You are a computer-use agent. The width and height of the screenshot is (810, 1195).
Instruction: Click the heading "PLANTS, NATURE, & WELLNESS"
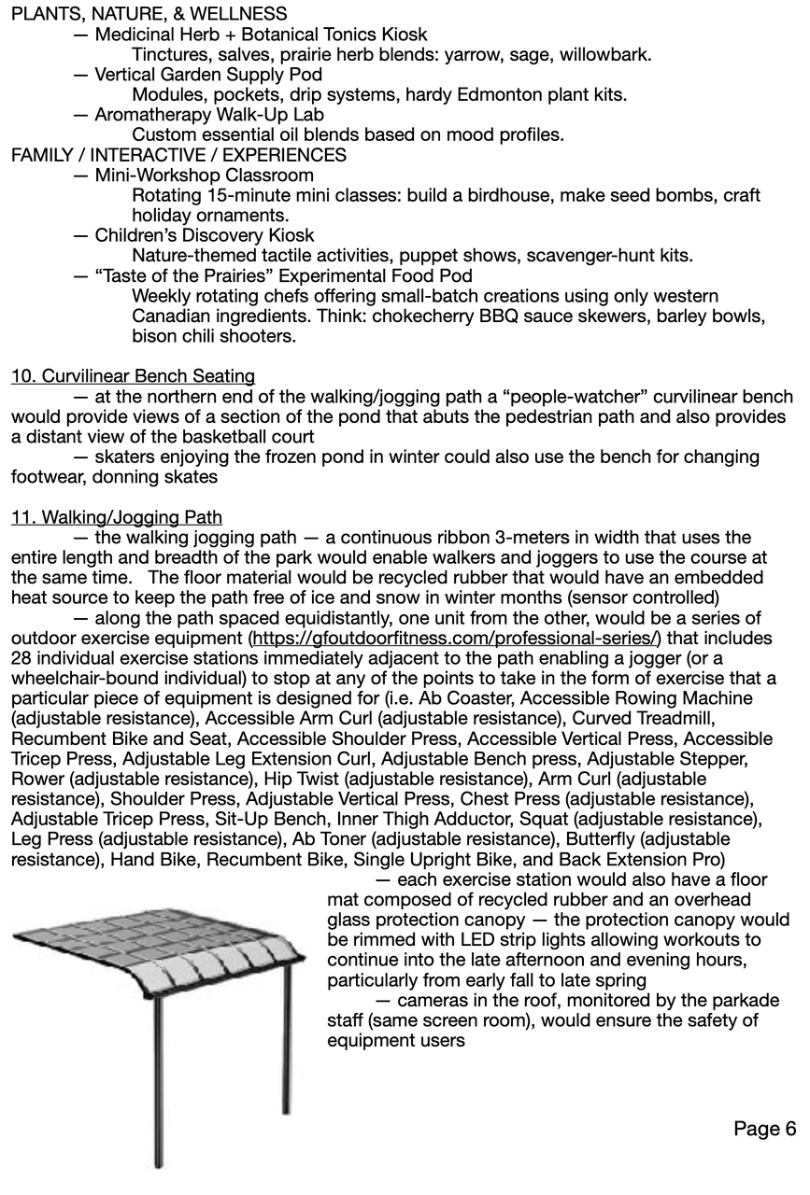click(149, 14)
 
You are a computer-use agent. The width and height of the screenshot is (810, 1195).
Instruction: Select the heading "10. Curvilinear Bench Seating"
click(133, 376)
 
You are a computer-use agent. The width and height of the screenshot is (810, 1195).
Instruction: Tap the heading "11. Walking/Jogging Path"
click(117, 516)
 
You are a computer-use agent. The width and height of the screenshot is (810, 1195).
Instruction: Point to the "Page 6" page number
click(764, 1129)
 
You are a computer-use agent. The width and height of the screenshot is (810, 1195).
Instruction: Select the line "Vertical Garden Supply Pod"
click(208, 75)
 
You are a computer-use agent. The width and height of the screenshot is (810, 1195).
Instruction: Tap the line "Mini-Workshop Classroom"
click(204, 176)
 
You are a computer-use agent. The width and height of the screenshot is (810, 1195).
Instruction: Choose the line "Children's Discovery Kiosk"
click(204, 235)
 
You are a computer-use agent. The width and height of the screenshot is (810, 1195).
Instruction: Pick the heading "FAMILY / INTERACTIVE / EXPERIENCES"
click(178, 155)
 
